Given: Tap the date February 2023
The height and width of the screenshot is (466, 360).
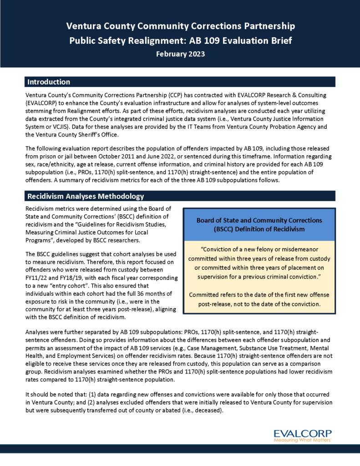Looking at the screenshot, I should coord(180,54).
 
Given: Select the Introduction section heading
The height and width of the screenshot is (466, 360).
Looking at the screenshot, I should coord(49,82).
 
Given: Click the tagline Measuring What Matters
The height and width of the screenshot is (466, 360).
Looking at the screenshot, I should coord(303,441).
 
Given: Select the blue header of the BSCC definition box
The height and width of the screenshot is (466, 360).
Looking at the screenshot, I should coord(259,224).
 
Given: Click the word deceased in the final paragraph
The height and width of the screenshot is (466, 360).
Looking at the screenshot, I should coord(212,410).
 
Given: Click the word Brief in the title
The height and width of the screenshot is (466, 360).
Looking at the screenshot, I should coord(281,41).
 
